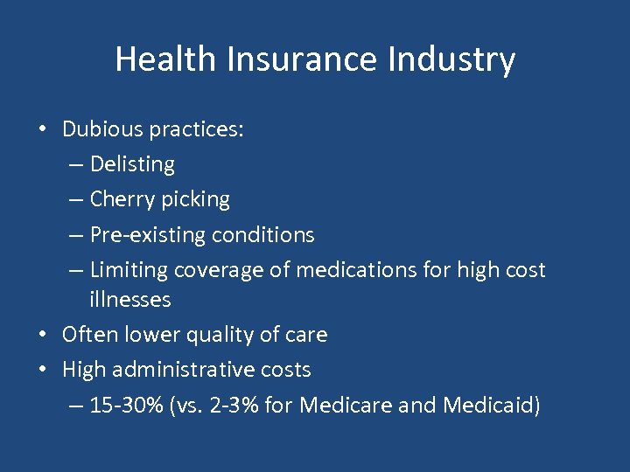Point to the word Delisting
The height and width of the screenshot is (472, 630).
[x=132, y=164]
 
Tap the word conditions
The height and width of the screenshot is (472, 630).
[x=261, y=234]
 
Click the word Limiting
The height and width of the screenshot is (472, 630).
[x=129, y=270]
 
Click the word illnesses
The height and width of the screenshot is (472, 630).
[x=130, y=300]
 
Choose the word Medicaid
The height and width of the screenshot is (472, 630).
[x=490, y=406]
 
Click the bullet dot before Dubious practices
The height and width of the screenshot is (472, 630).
[x=42, y=130]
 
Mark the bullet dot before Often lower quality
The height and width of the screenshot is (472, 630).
[x=42, y=336]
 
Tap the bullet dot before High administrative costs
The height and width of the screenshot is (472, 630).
[x=42, y=371]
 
